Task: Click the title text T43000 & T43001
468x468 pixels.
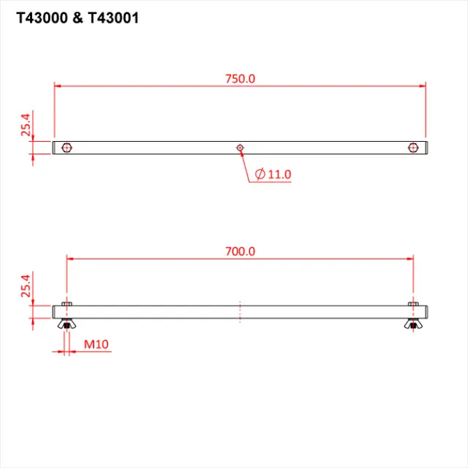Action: point(77,18)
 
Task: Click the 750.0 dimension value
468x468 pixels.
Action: point(240,78)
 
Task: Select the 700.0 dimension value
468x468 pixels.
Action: point(240,251)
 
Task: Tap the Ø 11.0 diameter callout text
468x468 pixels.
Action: point(273,174)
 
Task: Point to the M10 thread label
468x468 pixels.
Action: point(95,343)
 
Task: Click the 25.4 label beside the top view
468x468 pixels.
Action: point(26,126)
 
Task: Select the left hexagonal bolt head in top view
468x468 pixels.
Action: point(67,148)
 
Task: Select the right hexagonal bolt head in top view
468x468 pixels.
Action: point(413,148)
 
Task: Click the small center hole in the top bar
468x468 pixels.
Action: point(240,148)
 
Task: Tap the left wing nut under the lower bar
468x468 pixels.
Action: point(67,324)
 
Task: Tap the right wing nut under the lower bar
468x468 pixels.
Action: point(413,324)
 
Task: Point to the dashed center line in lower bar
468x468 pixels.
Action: point(240,312)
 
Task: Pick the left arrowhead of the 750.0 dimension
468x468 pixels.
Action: point(58,86)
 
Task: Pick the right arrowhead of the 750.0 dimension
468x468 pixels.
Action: point(422,86)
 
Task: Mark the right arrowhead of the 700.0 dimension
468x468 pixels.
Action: point(409,258)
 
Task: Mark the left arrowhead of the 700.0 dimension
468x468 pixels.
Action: point(71,258)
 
